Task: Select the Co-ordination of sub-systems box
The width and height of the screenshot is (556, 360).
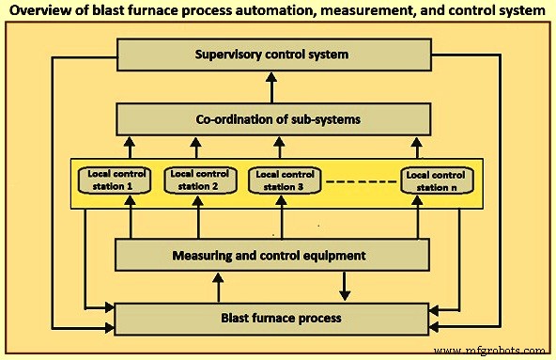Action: pyautogui.click(x=278, y=118)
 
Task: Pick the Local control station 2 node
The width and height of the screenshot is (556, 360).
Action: pyautogui.click(x=197, y=179)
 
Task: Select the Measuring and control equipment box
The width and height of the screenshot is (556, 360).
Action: pyautogui.click(x=278, y=254)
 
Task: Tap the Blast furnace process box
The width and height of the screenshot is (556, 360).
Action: pyautogui.click(x=278, y=318)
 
